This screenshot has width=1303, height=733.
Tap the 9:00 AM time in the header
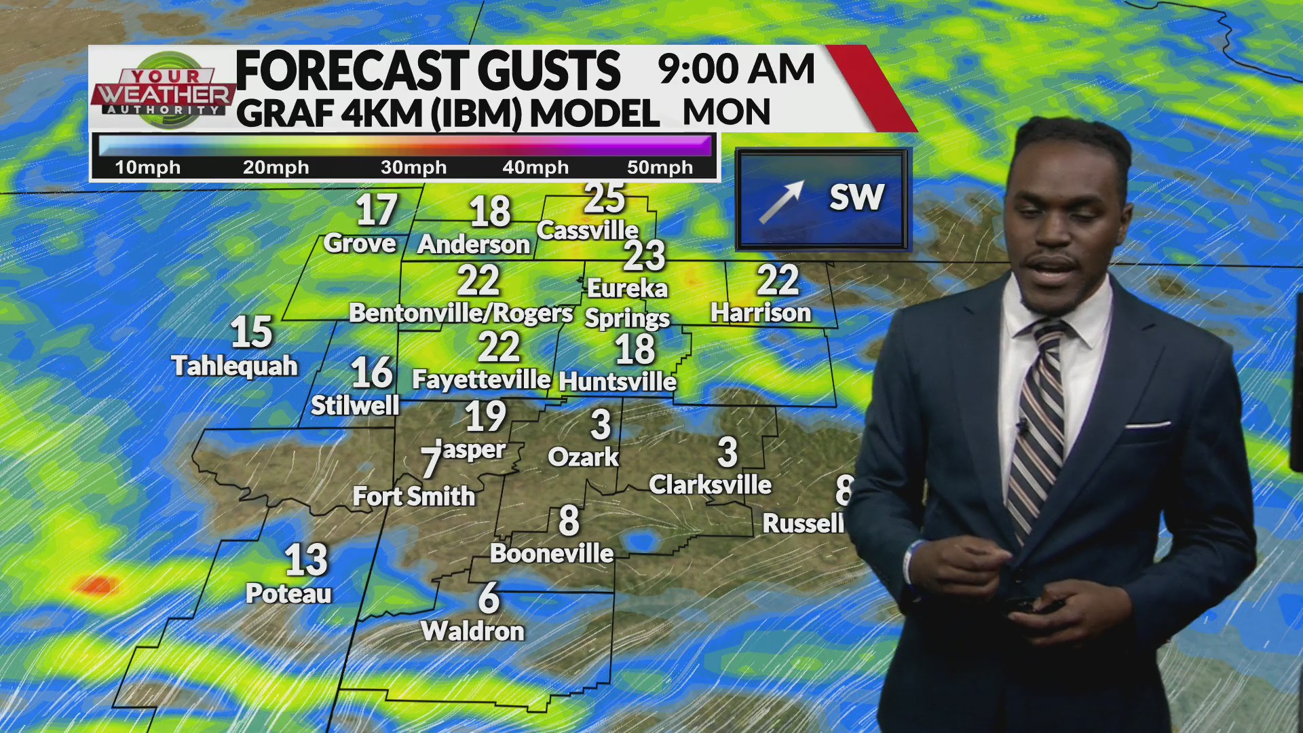click(736, 69)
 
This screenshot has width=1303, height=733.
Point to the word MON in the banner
click(726, 112)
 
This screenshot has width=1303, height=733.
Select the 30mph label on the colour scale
click(413, 168)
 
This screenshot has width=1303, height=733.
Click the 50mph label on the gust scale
click(660, 168)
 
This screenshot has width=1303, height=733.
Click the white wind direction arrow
click(782, 202)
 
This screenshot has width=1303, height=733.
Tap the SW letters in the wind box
click(856, 198)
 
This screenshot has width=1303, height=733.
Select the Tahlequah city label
click(235, 366)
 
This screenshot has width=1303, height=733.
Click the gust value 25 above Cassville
click(604, 198)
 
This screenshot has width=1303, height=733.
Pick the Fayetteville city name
click(481, 379)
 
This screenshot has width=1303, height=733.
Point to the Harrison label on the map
click(761, 313)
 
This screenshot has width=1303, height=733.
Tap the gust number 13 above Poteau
click(306, 560)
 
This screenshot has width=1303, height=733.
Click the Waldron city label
click(472, 631)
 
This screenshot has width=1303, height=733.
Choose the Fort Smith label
click(414, 496)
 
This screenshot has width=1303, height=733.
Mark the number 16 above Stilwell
click(372, 373)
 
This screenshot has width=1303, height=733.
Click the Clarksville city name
click(710, 485)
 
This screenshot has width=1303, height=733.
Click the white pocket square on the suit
click(1147, 426)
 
